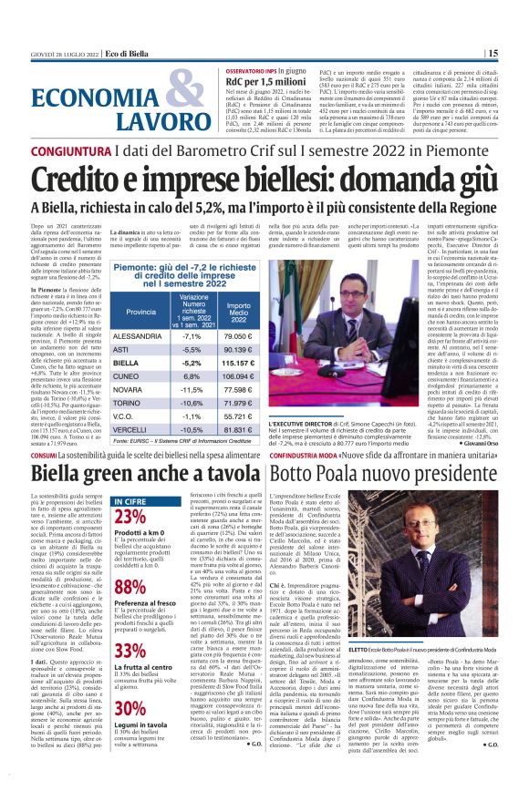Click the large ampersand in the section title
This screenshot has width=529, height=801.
pyautogui.click(x=189, y=97)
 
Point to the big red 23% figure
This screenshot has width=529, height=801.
pyautogui.click(x=130, y=516)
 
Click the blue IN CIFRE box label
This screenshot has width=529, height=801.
pyautogui.click(x=130, y=499)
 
